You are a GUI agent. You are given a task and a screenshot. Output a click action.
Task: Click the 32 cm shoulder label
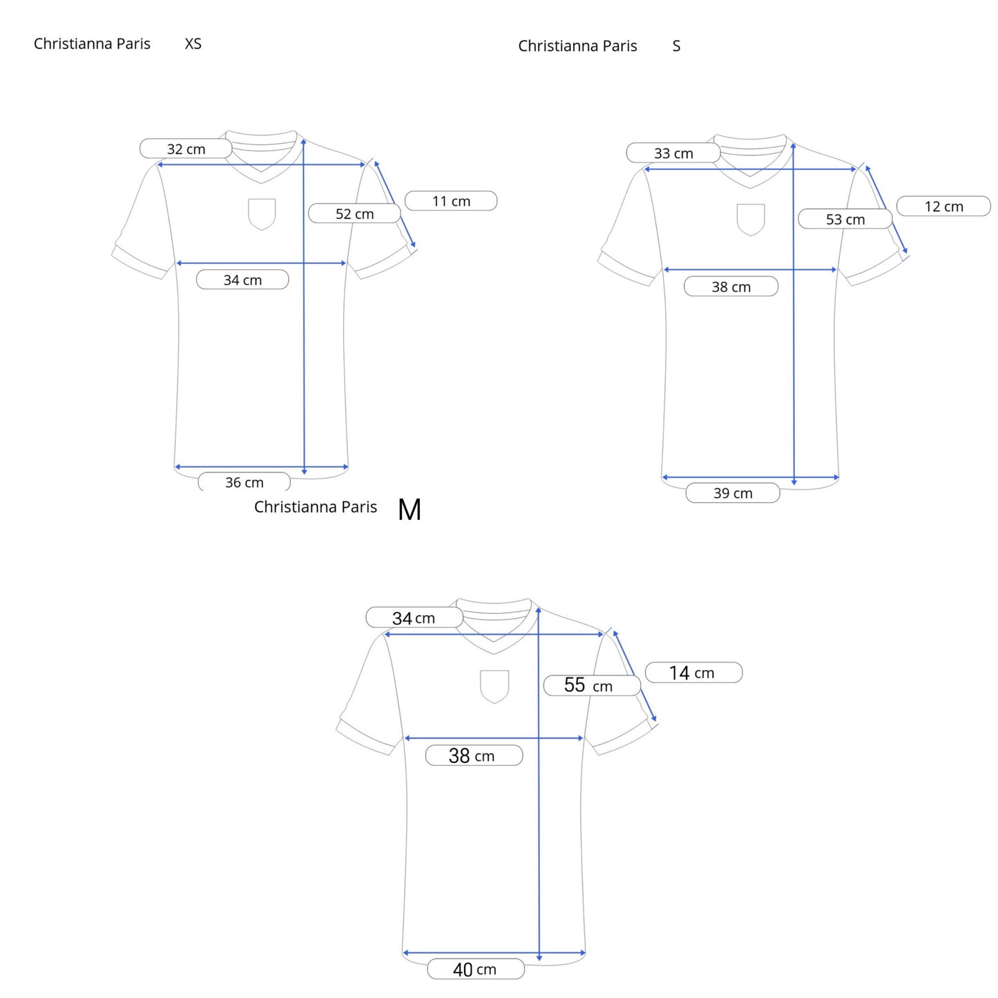tap(186, 148)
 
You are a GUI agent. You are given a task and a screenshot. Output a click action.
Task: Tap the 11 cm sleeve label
tap(450, 201)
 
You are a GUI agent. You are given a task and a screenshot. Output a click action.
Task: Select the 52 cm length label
tap(354, 213)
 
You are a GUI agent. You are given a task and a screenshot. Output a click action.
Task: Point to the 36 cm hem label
tap(244, 481)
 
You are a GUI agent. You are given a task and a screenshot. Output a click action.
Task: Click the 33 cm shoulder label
tap(673, 153)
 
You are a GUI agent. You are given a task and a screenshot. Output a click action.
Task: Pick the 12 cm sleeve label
tap(943, 206)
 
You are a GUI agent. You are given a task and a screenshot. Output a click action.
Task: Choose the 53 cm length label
tap(845, 219)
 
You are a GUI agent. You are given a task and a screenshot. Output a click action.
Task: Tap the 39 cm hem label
tap(732, 492)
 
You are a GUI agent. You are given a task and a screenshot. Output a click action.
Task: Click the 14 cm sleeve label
tap(693, 672)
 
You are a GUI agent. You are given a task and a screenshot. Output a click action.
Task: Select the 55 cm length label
tap(592, 685)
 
